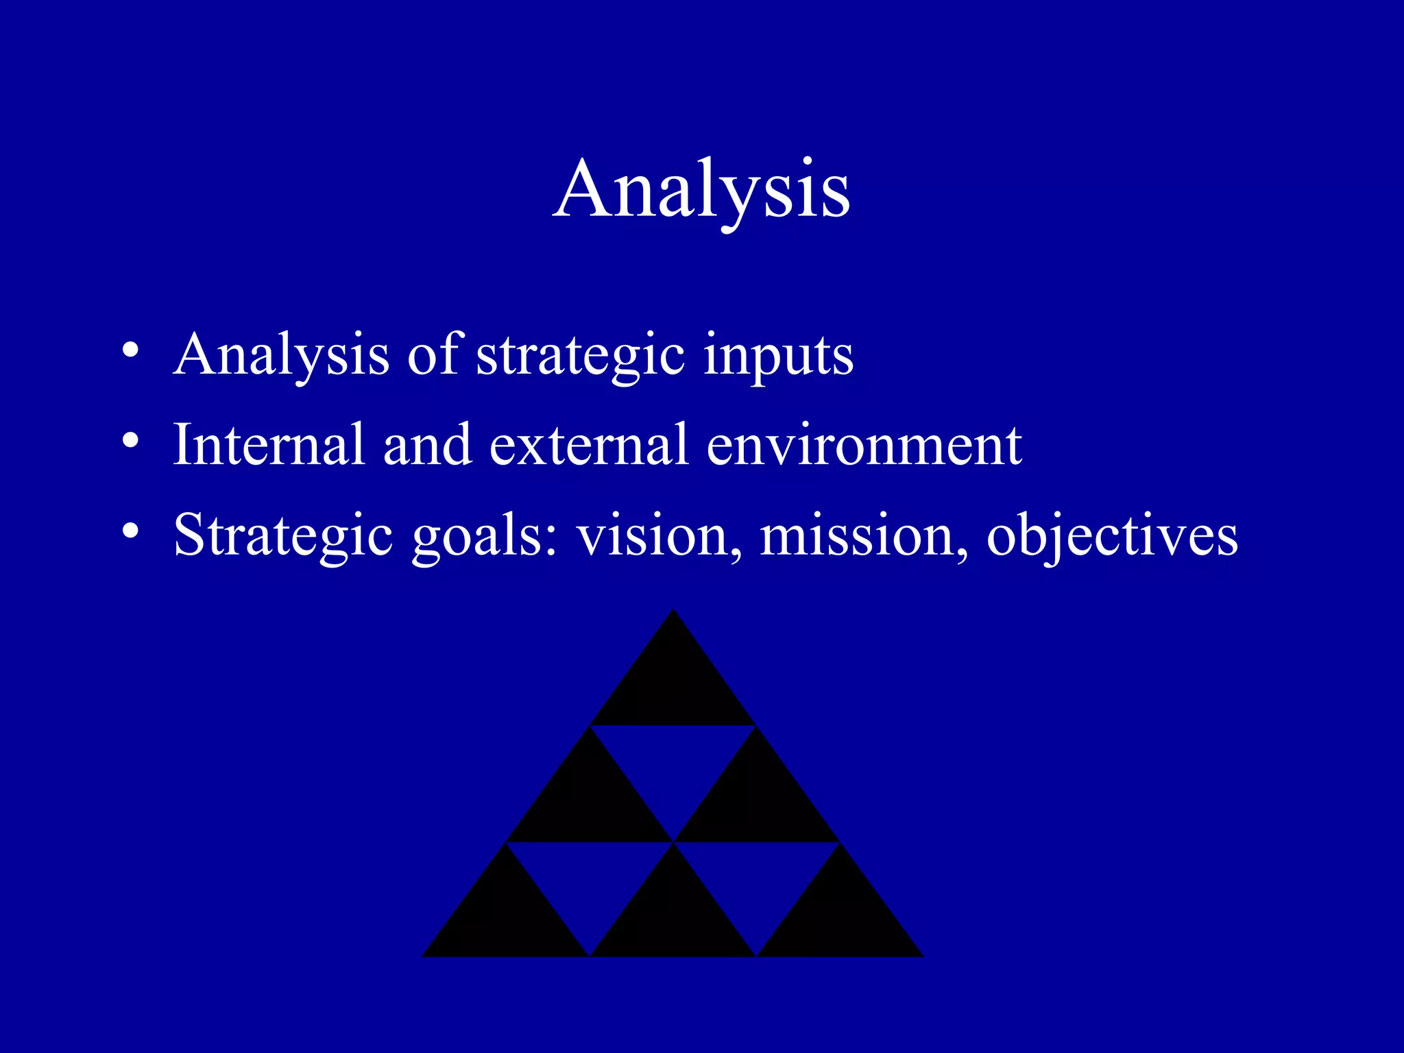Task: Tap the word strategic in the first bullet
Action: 580,356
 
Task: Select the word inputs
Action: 778,357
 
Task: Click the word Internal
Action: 268,445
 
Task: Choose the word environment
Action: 864,446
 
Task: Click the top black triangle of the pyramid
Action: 673,686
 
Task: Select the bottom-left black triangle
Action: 506,919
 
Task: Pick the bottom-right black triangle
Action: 840,919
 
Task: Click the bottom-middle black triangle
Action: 673,919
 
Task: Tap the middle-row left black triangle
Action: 590,802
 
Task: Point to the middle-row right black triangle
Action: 757,802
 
